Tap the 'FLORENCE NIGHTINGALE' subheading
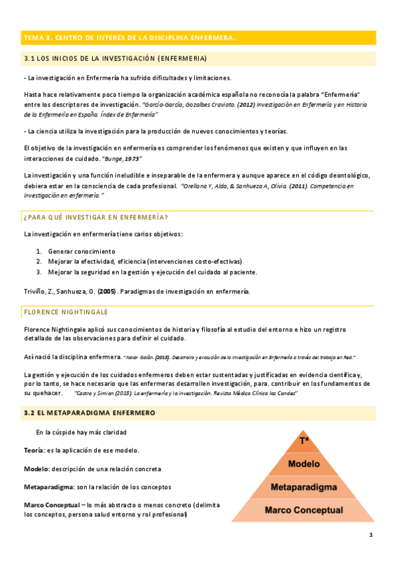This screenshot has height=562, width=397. [x=66, y=311]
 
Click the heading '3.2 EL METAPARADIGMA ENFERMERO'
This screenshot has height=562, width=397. [x=89, y=413]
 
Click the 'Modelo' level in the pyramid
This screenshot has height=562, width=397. [x=304, y=463]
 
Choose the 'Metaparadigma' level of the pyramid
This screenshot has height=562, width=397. [x=304, y=487]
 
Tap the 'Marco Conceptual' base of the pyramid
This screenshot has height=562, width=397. [x=304, y=510]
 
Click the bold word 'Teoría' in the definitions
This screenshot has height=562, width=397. [x=33, y=451]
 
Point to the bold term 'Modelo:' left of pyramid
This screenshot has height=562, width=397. [x=36, y=469]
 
